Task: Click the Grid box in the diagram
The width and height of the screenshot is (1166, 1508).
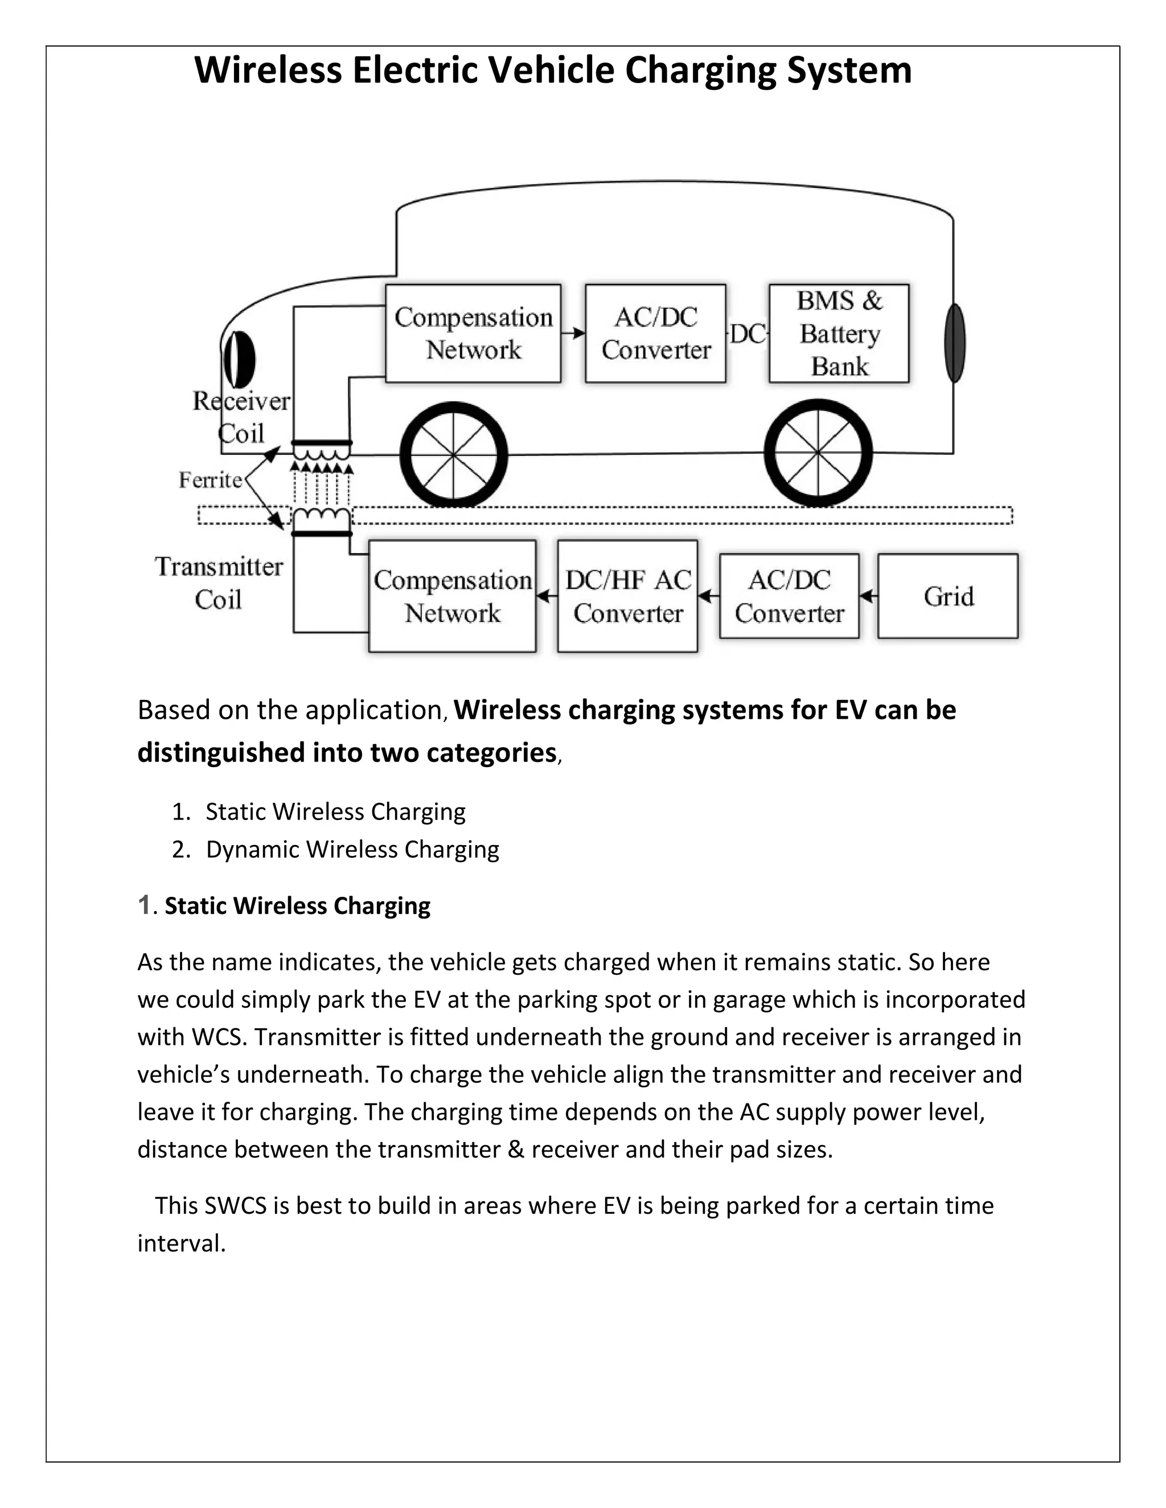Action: pyautogui.click(x=948, y=596)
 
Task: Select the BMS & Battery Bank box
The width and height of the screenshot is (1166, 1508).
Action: pyautogui.click(x=839, y=333)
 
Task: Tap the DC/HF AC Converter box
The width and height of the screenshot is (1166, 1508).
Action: pyautogui.click(x=627, y=596)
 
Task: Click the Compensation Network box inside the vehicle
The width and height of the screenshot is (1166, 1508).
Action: pyautogui.click(x=473, y=333)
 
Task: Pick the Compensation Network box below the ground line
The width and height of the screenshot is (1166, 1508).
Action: pyautogui.click(x=453, y=596)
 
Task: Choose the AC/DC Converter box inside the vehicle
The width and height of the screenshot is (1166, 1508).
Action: pyautogui.click(x=655, y=333)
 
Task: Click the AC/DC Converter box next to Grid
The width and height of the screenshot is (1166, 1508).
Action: pyautogui.click(x=789, y=596)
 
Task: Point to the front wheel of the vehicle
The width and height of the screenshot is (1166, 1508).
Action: pyautogui.click(x=453, y=454)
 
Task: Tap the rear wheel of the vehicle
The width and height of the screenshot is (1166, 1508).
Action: pyautogui.click(x=818, y=453)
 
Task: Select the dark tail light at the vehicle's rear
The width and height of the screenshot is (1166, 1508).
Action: pyautogui.click(x=955, y=343)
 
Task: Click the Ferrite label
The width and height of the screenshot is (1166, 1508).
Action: pyautogui.click(x=210, y=480)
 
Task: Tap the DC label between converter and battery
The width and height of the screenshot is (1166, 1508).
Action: pyautogui.click(x=748, y=334)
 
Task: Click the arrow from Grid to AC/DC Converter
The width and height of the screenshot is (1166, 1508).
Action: pyautogui.click(x=868, y=596)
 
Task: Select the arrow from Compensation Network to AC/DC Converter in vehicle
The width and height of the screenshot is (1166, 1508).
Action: pyautogui.click(x=573, y=333)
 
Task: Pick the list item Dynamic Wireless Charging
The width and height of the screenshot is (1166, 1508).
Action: pyautogui.click(x=352, y=849)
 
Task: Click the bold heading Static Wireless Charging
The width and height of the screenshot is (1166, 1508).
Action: pyautogui.click(x=297, y=905)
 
